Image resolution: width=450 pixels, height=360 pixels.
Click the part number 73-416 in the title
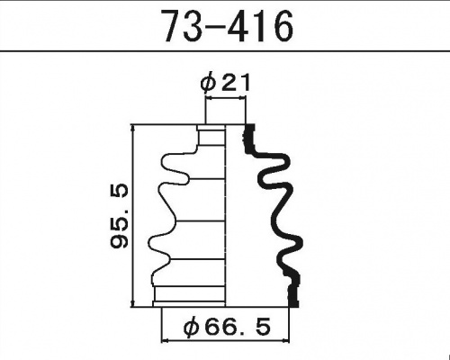pyautogui.click(x=226, y=28)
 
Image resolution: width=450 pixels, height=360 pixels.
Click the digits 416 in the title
pyautogui.click(x=261, y=28)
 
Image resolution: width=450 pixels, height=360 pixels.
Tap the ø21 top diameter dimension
pyautogui.click(x=225, y=83)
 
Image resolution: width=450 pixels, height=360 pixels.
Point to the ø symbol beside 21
pyautogui.click(x=206, y=83)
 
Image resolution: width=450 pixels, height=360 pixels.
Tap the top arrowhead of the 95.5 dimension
pyautogui.click(x=134, y=127)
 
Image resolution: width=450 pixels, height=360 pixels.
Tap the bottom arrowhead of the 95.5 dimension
pyautogui.click(x=134, y=303)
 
